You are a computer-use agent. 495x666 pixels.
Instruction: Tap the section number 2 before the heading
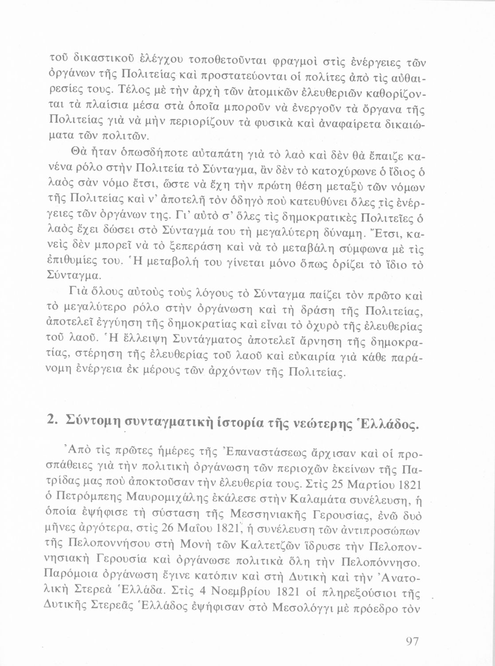(51, 419)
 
